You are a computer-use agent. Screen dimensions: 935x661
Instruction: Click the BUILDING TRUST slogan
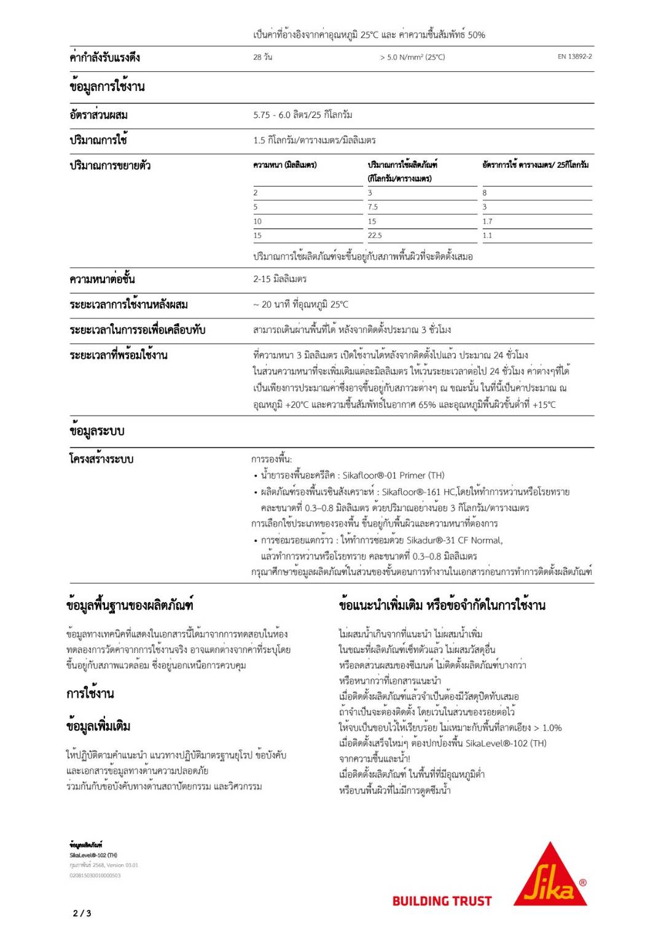coord(442,901)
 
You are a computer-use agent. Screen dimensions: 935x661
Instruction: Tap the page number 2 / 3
coord(82,913)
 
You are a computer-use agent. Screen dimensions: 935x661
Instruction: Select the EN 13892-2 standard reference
coord(574,57)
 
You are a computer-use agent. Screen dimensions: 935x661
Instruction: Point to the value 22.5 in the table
coord(375,235)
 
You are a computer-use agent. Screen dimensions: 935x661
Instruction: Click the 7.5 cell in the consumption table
coord(373,207)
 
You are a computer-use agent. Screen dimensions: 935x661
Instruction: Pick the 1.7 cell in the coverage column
coord(487,221)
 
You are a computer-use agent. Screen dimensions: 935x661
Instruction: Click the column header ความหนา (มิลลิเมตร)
coord(284,165)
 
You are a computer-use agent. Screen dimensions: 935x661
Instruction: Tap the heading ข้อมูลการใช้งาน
coord(107,87)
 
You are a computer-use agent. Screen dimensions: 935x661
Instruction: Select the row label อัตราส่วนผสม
coord(98,115)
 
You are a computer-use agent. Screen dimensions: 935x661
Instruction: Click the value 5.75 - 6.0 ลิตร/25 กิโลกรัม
coord(302,115)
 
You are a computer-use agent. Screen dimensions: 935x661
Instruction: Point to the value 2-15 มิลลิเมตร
coord(280,279)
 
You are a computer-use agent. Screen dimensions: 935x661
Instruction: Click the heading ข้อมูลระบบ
coord(96,431)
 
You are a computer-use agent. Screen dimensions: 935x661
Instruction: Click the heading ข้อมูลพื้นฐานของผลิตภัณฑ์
coord(130,605)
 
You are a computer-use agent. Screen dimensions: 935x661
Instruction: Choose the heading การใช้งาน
coord(90,694)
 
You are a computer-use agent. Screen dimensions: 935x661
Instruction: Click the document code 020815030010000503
coord(95,875)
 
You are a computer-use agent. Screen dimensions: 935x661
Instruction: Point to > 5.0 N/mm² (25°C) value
coord(412,57)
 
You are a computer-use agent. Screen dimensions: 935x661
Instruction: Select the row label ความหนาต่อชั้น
coord(102,279)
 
